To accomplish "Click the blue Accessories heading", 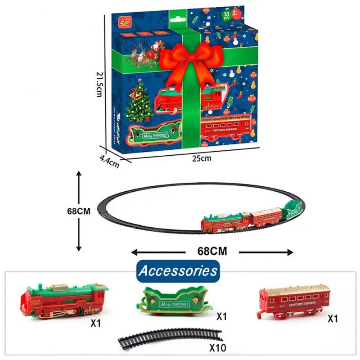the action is (178, 271).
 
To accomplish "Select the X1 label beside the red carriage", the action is (333, 319).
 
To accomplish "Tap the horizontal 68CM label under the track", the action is (211, 251).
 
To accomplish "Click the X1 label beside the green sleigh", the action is (221, 316).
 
